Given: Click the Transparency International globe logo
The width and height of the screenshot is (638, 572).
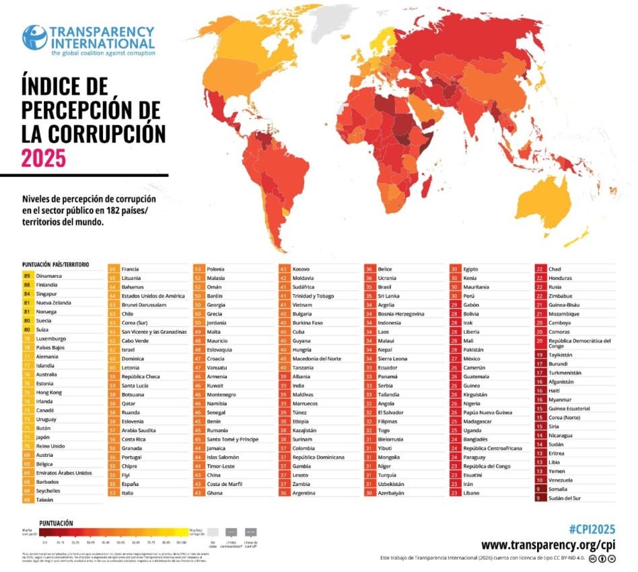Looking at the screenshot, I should pos(34,38).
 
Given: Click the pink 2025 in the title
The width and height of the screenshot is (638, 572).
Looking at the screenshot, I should pos(44,157).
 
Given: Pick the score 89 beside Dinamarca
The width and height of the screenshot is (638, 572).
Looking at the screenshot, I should pos(28,276).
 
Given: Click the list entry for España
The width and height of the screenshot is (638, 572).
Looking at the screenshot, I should pos(131,484).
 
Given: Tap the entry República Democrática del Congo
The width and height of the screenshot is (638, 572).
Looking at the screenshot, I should pos(579,345).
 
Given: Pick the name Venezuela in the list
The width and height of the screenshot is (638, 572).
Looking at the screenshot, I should pos(561,480).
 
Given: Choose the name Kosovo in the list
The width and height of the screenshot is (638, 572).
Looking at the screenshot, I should pos(302,269).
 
